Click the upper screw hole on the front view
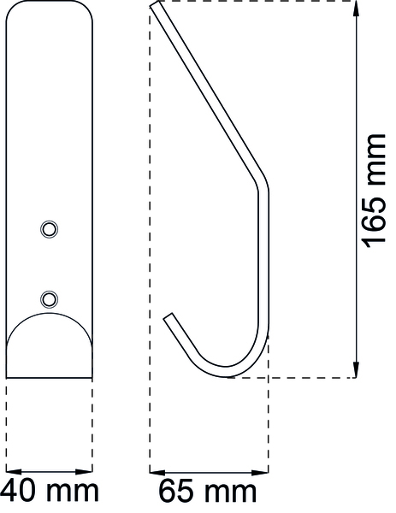49,229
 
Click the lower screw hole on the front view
49,299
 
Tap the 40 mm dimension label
49,492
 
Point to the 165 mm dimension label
374,191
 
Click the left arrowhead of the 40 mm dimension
14,472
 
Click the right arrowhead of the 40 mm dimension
85,472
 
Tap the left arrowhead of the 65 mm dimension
157,473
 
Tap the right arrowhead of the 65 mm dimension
261,473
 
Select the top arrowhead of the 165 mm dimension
357,9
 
